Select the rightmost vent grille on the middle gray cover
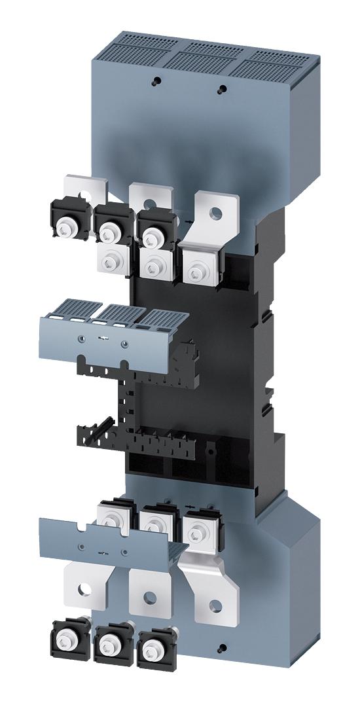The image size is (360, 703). point(155,316)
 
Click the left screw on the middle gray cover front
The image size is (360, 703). point(81,338)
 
